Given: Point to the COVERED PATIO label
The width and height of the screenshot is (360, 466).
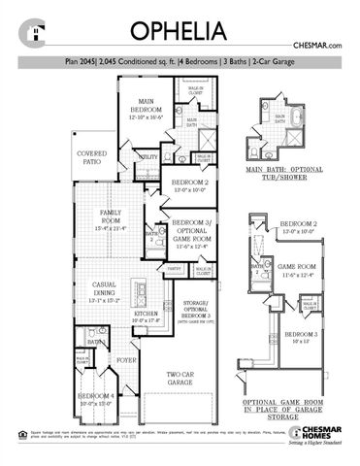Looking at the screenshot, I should [x=92, y=155].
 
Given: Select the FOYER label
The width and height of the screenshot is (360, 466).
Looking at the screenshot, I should [x=127, y=358].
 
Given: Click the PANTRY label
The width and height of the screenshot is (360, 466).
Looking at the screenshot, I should [x=175, y=267].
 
